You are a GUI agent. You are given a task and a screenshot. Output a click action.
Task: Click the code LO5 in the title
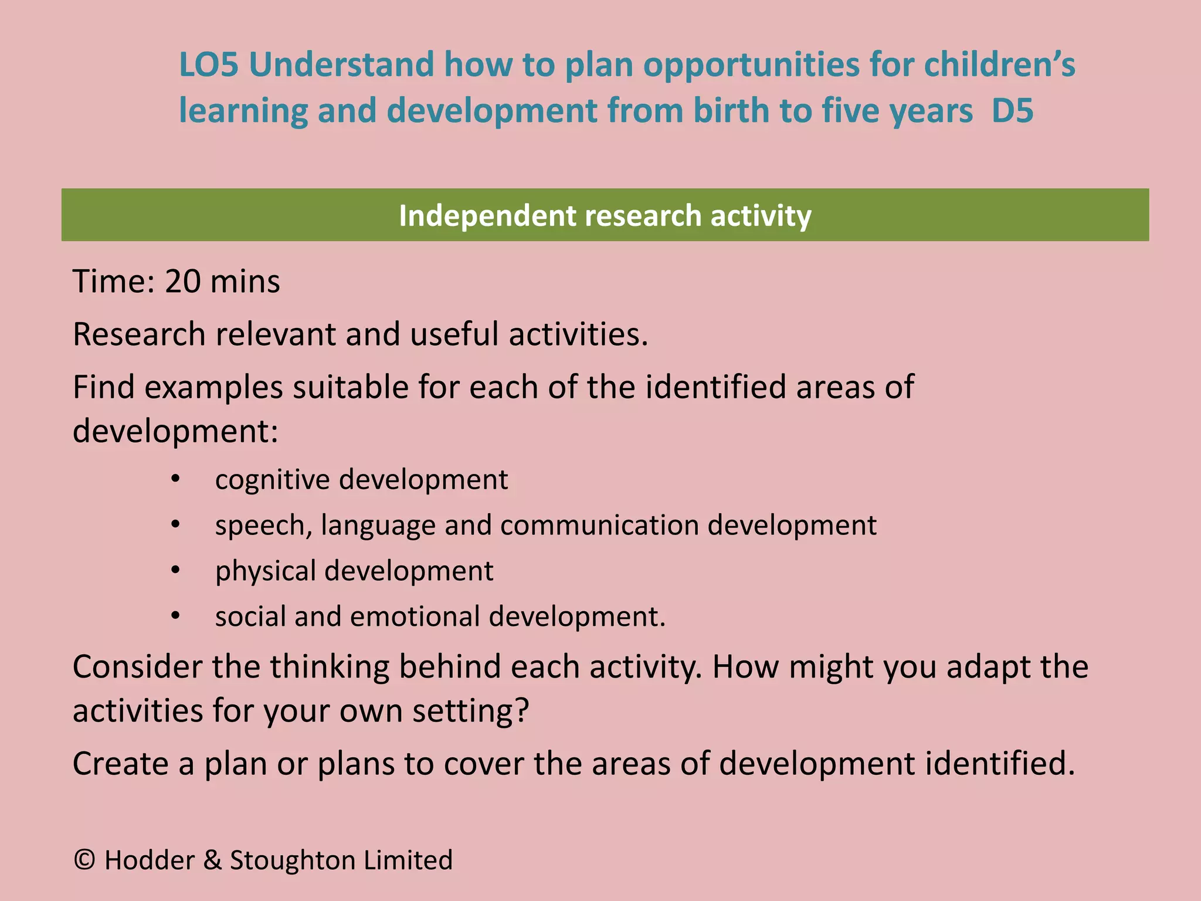pos(209,65)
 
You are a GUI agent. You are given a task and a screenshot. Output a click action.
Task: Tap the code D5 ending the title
pos(1012,111)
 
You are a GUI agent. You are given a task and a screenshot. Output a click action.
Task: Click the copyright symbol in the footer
pos(85,861)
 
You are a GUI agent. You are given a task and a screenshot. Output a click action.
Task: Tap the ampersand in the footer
pos(212,861)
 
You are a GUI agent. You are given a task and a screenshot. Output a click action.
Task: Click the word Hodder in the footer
pos(149,861)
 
